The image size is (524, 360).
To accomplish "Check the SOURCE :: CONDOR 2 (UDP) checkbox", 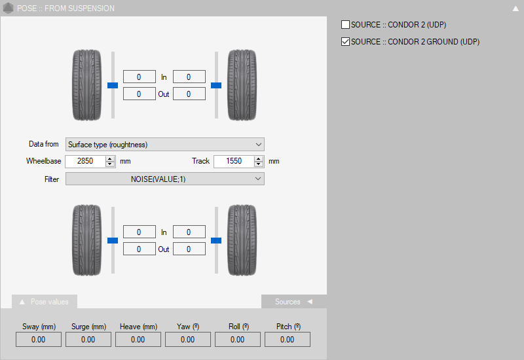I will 345,25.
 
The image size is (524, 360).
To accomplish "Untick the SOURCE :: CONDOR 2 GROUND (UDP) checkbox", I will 345,42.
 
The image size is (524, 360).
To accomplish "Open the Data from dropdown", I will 164,145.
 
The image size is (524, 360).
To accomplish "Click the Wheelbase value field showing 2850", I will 85,161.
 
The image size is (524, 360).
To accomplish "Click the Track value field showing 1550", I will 233,161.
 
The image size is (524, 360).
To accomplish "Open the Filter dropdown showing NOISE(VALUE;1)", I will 164,179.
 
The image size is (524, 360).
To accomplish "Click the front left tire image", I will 87,85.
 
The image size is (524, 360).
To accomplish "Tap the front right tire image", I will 241,85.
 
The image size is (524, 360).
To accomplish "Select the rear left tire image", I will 87,240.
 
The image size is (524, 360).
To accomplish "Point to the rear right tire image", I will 241,240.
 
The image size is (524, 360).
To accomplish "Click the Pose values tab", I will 45,302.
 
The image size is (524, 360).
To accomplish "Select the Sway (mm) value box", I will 39,340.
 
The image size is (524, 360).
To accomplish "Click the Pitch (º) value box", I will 287,340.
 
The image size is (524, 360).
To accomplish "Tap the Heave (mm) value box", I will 138,340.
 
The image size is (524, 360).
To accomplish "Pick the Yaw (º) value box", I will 187,340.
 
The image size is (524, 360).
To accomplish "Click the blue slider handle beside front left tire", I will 113,85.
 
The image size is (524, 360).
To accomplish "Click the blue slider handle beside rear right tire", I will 216,240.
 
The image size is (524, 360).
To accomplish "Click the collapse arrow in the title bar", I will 515,9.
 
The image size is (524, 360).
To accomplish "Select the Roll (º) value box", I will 237,340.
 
